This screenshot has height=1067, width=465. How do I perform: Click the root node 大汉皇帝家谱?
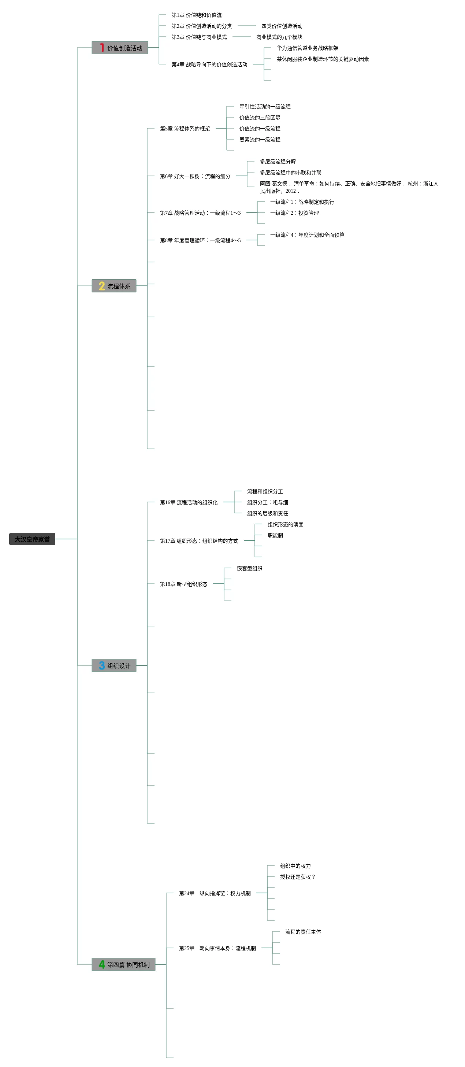(x=32, y=539)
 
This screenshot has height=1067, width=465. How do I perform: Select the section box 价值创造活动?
(x=120, y=48)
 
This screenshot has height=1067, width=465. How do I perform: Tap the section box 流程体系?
(x=114, y=286)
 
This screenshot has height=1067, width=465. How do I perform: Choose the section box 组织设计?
(x=114, y=665)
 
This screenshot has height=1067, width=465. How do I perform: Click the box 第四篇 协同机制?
(x=123, y=964)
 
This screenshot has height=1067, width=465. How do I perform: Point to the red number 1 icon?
(x=102, y=48)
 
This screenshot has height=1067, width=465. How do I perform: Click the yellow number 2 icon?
(x=102, y=286)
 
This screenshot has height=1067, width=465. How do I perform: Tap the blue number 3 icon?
(x=102, y=665)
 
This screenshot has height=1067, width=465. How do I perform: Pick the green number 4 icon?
(x=102, y=964)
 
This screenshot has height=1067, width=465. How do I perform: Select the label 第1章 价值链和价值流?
(x=196, y=15)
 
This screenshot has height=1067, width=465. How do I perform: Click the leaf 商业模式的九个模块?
(x=279, y=37)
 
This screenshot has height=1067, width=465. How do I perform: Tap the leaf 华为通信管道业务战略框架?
(x=307, y=48)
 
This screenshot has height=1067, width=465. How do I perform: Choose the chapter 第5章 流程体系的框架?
(x=185, y=128)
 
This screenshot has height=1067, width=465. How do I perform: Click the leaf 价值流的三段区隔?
(x=260, y=118)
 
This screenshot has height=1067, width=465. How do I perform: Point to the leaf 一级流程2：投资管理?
(x=294, y=213)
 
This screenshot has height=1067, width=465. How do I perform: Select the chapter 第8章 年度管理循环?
(x=200, y=240)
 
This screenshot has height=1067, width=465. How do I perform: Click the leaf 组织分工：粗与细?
(x=268, y=502)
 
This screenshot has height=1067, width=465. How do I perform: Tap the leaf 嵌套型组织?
(x=249, y=568)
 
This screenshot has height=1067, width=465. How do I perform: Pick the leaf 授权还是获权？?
(x=297, y=877)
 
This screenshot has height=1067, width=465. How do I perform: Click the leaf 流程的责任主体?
(x=303, y=932)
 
